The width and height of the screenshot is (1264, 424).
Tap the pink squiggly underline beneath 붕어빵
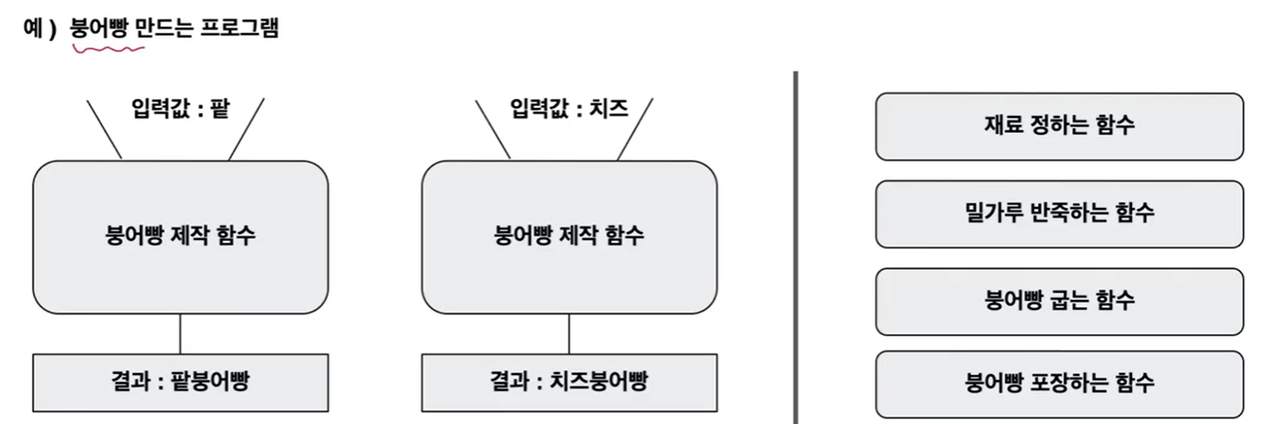[x=108, y=50]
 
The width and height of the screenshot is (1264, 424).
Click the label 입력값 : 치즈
[x=569, y=110]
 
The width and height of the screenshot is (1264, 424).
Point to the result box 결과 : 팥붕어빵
[x=180, y=382]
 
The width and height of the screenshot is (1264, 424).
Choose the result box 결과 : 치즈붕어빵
[x=569, y=382]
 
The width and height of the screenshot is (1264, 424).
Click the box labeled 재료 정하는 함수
[x=1059, y=126]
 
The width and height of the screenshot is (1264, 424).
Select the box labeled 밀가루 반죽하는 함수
[x=1059, y=213]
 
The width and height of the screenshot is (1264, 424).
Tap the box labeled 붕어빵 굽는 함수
[x=1059, y=301]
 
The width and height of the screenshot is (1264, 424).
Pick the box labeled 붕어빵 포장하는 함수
[x=1059, y=384]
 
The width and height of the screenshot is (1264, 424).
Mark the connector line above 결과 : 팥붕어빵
[x=180, y=334]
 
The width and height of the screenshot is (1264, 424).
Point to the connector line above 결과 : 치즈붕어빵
[x=569, y=334]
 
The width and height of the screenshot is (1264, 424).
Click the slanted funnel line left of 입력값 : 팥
[x=104, y=129]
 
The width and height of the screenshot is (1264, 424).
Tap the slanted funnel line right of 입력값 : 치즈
[x=635, y=129]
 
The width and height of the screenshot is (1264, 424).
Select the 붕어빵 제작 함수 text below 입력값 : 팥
[x=180, y=237]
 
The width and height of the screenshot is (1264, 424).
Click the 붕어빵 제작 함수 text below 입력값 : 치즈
[x=569, y=237]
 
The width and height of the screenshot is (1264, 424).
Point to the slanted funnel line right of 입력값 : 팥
[x=246, y=129]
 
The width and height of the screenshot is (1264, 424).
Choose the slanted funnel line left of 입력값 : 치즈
[x=493, y=129]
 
